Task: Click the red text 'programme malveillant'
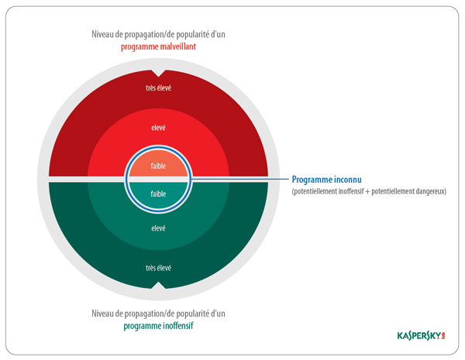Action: (158, 46)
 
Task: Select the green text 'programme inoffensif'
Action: (158, 326)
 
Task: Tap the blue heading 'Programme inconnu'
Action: (327, 180)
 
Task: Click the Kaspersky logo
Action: (421, 336)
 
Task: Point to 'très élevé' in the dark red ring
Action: (158, 87)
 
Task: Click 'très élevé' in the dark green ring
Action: (158, 268)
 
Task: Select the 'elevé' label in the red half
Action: (158, 128)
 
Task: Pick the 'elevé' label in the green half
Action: (158, 228)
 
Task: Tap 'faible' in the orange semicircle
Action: (158, 166)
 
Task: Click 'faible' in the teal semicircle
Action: (158, 194)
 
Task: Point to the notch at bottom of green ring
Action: (158, 285)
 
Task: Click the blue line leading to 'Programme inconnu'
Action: (240, 179)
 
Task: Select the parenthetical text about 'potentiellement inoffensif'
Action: (369, 191)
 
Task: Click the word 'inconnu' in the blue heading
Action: (348, 180)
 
